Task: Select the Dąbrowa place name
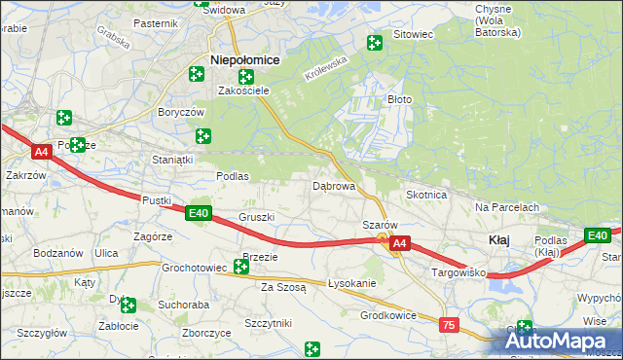[333, 185]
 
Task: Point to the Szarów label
[379, 224]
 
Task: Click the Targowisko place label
[458, 275]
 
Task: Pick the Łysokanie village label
[351, 283]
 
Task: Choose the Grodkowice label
[388, 315]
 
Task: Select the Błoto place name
[400, 99]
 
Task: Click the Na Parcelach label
[507, 207]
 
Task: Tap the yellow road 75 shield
[449, 325]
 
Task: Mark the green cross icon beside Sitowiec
[374, 42]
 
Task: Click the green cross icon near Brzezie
[241, 267]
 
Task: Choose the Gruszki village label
[257, 217]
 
